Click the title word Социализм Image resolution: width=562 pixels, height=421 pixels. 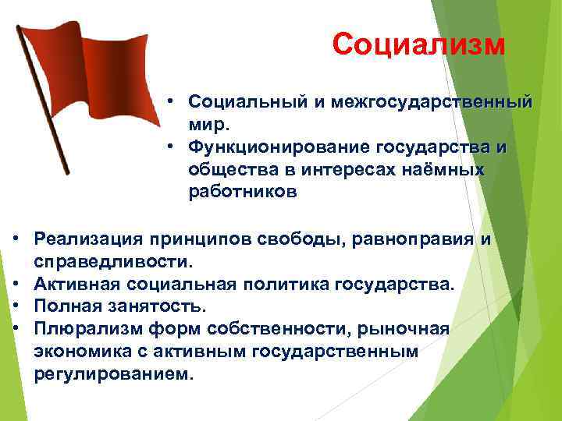point(418,44)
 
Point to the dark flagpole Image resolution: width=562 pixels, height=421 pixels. point(43,101)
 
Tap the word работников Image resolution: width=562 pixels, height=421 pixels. point(242,193)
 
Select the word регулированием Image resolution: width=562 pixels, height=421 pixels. point(112,374)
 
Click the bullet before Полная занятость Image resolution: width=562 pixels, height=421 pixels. point(16,306)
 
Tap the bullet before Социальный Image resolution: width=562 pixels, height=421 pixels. point(169,102)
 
